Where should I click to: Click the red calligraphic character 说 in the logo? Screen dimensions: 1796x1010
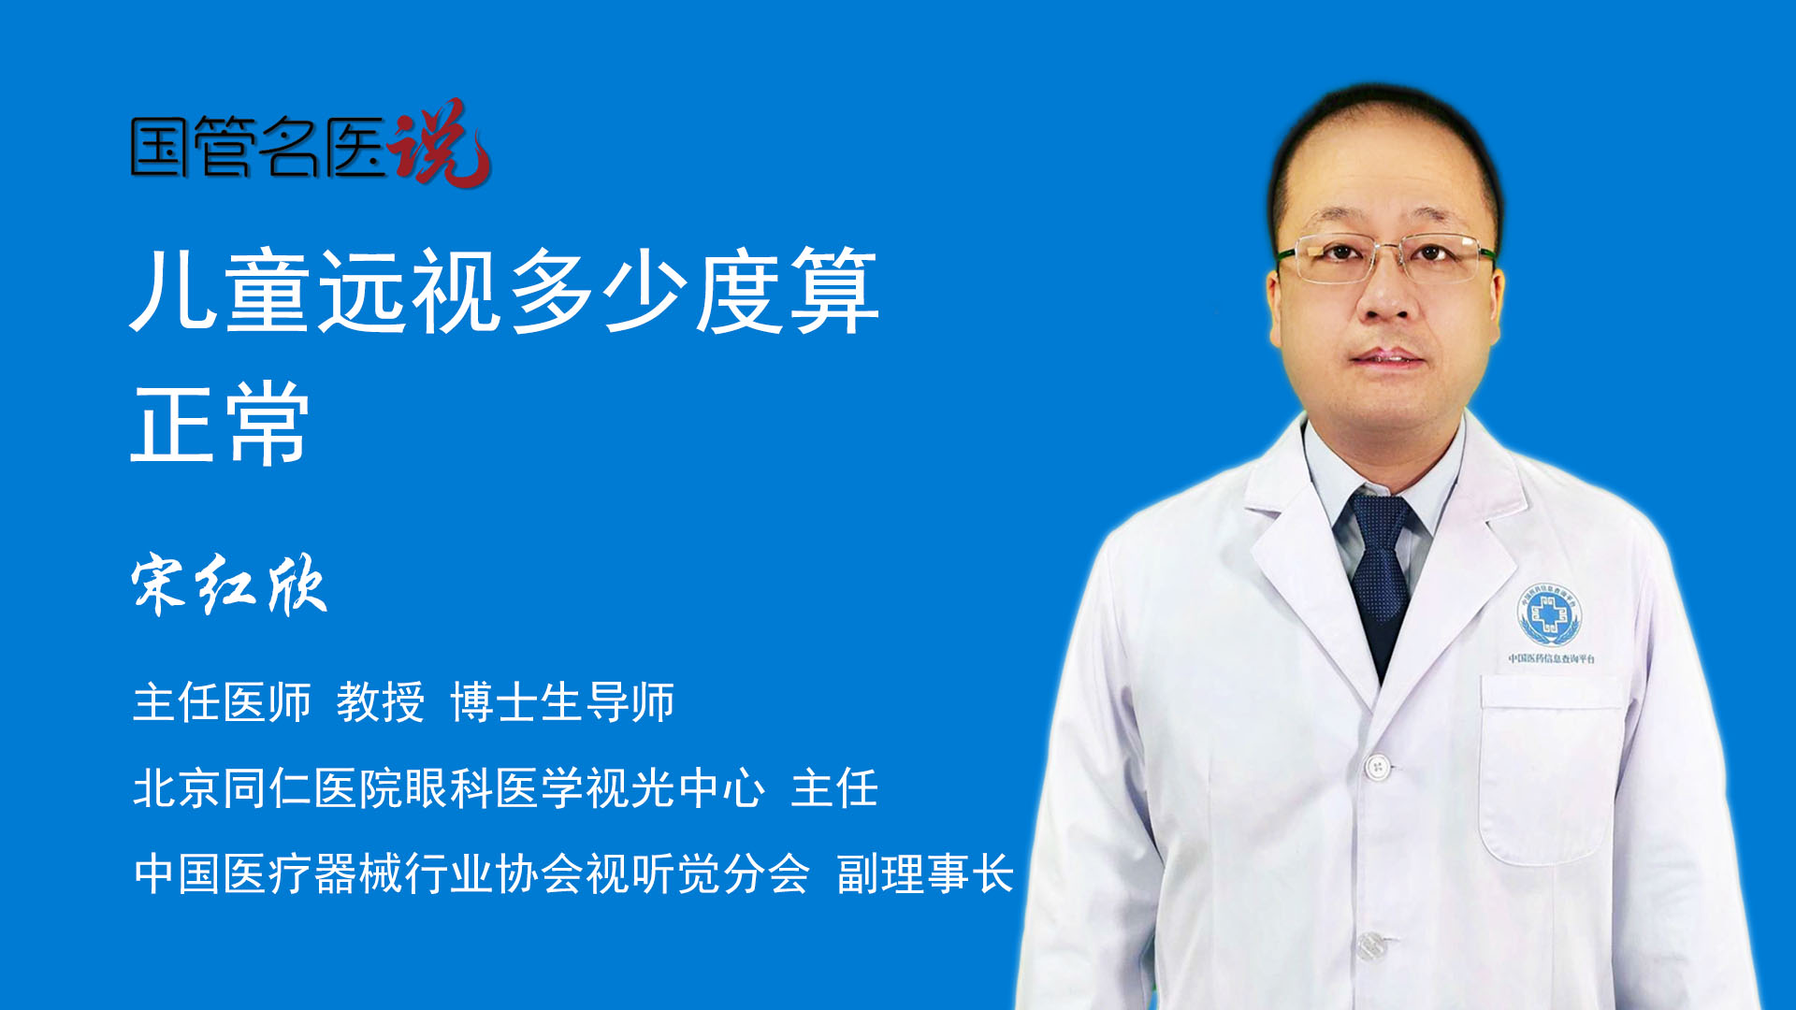click(440, 142)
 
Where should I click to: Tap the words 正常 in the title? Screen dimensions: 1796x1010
click(221, 424)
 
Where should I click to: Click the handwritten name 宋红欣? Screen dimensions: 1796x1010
click(229, 585)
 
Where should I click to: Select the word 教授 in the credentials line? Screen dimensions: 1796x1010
click(381, 702)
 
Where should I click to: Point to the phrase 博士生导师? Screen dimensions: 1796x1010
click(562, 702)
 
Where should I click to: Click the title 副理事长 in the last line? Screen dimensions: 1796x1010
click(925, 874)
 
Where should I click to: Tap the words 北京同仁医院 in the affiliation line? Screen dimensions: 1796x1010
click(268, 788)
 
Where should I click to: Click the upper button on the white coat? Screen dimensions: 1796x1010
click(1376, 768)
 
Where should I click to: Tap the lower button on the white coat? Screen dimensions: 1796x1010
click(1370, 945)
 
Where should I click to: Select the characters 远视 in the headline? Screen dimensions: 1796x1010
click(409, 291)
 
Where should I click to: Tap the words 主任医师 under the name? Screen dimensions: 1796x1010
click(222, 702)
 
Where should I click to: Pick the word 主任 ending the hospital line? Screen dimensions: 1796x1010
click(834, 788)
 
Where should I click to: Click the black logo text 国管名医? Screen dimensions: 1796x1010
click(258, 147)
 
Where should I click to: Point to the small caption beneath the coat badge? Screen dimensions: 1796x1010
click(1551, 658)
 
